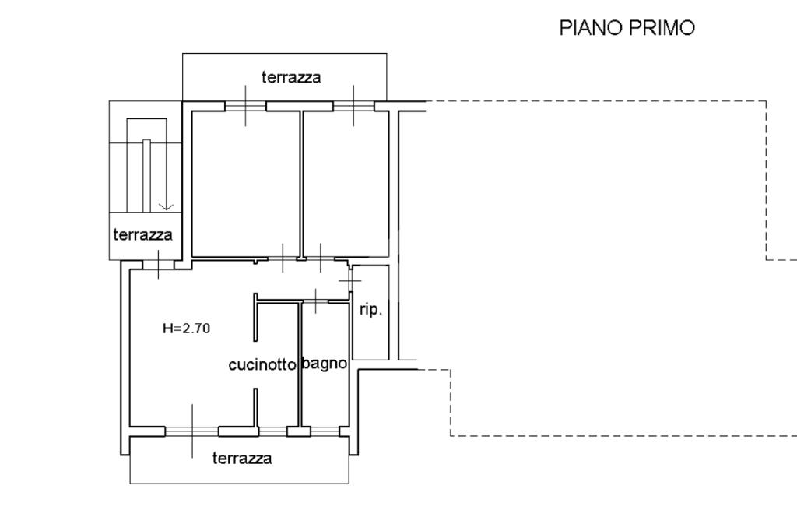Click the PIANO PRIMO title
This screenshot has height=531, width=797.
pos(627,28)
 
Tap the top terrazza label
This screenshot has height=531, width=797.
pos(291,77)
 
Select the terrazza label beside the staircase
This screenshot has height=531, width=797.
pos(142,234)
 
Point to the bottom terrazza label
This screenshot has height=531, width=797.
pos(242,459)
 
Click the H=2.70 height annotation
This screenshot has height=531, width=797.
pos(186,329)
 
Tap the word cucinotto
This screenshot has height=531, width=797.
pos(262,364)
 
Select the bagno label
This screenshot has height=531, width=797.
pos(324,364)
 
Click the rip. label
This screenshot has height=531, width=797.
pos(370,310)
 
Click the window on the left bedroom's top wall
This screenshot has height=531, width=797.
pos(245,106)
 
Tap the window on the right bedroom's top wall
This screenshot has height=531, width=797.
pos(354,106)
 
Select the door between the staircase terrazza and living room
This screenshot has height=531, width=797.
pos(158,265)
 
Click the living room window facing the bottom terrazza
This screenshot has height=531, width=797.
pos(192,431)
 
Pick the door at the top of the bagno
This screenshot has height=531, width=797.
pos(315,300)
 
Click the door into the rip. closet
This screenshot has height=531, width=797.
pos(350,278)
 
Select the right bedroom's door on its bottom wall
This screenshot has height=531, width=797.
pos(320,258)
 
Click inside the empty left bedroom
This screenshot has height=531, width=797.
pos(245,183)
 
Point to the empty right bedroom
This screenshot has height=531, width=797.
pos(345,183)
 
